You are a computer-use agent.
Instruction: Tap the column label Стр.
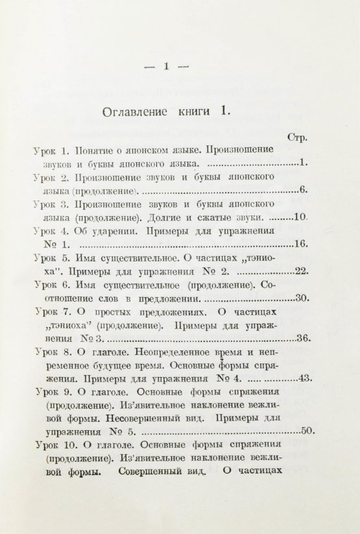296,138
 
